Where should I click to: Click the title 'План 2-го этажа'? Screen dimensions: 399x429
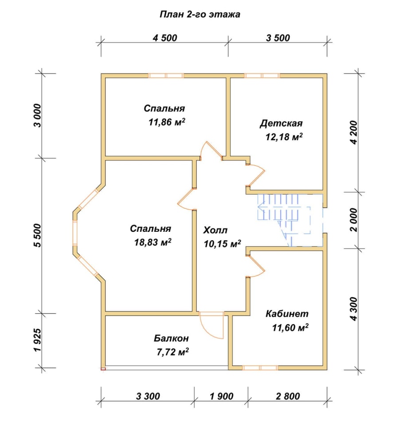[x=200, y=14]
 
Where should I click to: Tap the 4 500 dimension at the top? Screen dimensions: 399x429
[x=165, y=38]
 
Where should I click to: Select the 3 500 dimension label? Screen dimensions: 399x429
[x=278, y=38]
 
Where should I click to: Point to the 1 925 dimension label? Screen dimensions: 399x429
[x=38, y=339]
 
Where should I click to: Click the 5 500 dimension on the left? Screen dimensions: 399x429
[x=38, y=235]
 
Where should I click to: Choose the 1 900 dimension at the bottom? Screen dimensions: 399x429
[x=222, y=396]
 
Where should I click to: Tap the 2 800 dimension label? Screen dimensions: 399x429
[x=288, y=396]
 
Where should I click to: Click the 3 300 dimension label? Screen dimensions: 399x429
[x=148, y=396]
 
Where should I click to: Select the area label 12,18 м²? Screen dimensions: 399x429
[x=284, y=136]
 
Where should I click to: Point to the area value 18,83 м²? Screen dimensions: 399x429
[x=153, y=242]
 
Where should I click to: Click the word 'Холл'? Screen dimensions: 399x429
[x=215, y=230]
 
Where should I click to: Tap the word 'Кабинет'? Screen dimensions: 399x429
[x=287, y=313]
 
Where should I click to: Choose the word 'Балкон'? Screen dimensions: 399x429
[x=171, y=338]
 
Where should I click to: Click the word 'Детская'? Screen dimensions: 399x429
[x=281, y=123]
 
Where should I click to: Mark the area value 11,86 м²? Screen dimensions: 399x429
[x=167, y=122]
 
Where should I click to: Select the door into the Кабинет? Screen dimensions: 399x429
[x=256, y=266]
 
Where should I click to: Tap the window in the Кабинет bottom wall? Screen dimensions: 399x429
[x=260, y=368]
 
